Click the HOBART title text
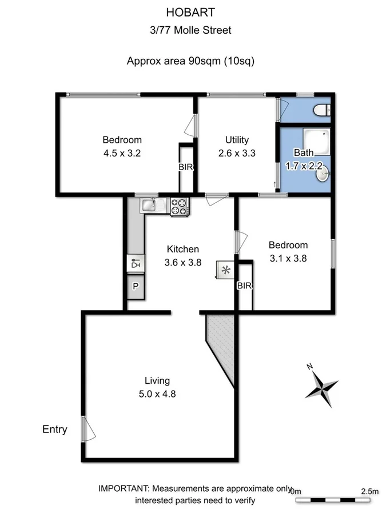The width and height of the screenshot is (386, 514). pos(193,12)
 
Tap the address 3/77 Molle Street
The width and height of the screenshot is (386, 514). pos(193,30)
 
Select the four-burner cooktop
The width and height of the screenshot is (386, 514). pos(179,206)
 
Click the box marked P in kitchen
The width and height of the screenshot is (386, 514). pos(136,287)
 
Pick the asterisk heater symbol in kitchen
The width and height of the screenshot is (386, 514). pos(225,270)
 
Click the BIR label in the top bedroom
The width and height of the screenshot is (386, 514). pos(185,167)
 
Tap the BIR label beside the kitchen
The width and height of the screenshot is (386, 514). pos(244,286)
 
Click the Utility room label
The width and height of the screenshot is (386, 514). pos(236,140)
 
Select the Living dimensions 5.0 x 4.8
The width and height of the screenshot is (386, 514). pos(157,393)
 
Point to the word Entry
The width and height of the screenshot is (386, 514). pos(55,429)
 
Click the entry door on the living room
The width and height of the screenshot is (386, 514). pos(86,428)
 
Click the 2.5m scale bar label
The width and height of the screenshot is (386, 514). pos(370,491)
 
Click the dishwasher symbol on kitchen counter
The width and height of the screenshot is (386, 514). pos(136,263)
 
